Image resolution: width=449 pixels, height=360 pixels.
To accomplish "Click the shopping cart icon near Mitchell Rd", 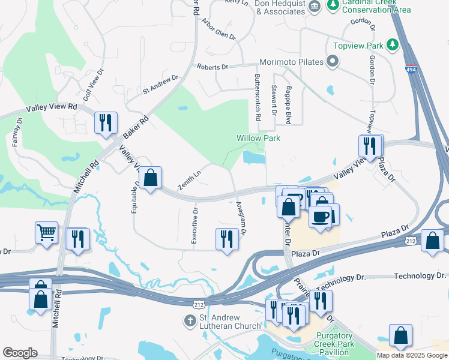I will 46,232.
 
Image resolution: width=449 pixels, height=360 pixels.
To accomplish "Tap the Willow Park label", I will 258,138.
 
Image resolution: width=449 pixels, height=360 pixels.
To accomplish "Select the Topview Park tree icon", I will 393,44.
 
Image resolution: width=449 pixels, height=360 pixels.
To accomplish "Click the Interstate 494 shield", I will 411,70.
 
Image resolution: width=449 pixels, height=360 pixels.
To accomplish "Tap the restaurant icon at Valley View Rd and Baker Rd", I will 106,123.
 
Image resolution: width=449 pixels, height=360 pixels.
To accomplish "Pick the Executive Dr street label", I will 194,226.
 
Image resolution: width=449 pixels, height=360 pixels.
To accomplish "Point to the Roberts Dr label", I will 212,67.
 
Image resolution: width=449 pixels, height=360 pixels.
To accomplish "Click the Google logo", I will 20,353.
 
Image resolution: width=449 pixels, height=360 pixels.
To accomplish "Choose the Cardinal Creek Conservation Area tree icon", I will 332,5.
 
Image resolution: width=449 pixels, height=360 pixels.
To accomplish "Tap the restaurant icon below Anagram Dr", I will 226,238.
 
